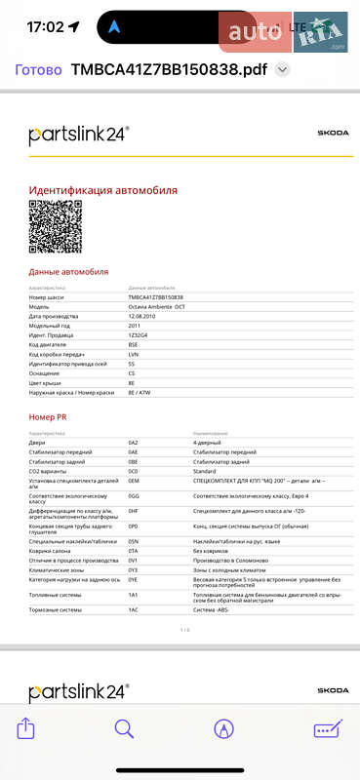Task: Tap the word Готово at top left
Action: (39, 69)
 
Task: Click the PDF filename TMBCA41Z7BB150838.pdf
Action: (169, 69)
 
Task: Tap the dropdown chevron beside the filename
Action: (283, 69)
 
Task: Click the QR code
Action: (55, 226)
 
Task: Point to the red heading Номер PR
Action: (48, 417)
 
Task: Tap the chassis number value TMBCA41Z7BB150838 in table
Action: (156, 296)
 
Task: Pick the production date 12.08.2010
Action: (143, 316)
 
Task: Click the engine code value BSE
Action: (133, 344)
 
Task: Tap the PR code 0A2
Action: (133, 442)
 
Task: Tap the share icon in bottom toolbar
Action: (27, 728)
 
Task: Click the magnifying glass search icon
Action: (124, 728)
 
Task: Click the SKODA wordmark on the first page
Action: (333, 133)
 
